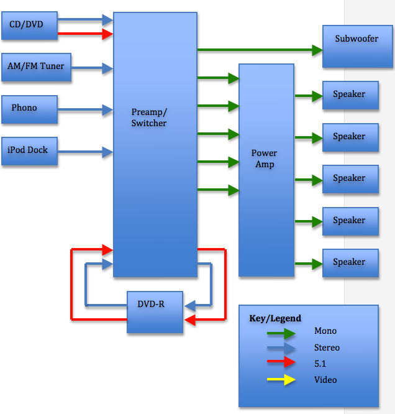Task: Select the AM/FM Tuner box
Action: (x=36, y=67)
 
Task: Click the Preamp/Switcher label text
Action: (x=149, y=117)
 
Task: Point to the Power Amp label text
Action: (x=264, y=159)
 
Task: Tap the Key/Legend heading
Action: (x=275, y=318)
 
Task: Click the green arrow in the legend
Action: (x=281, y=333)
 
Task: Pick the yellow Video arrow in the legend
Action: (x=281, y=380)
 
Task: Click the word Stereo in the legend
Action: (x=327, y=348)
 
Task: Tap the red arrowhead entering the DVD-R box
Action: (x=190, y=320)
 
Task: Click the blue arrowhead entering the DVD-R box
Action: (x=190, y=305)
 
